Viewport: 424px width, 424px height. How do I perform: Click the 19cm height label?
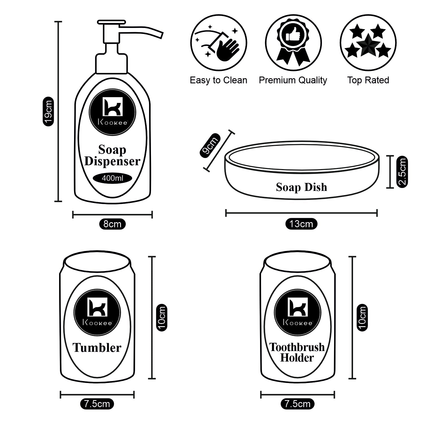48,111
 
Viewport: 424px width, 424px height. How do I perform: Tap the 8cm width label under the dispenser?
112,224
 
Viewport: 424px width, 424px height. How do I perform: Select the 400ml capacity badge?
113,178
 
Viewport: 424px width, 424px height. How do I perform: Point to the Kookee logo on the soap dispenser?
113,112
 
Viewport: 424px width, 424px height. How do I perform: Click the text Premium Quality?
293,80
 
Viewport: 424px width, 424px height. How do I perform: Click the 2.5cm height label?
402,172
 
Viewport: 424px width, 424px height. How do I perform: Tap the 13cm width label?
301,224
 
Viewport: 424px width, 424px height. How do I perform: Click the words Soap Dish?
301,187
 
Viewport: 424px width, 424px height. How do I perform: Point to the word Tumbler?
97,348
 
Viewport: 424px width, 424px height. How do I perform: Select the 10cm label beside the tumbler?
162,317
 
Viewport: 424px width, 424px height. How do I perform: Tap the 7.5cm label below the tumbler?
97,404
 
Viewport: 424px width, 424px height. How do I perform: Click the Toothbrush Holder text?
297,352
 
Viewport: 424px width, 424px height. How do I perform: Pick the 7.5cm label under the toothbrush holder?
297,404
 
